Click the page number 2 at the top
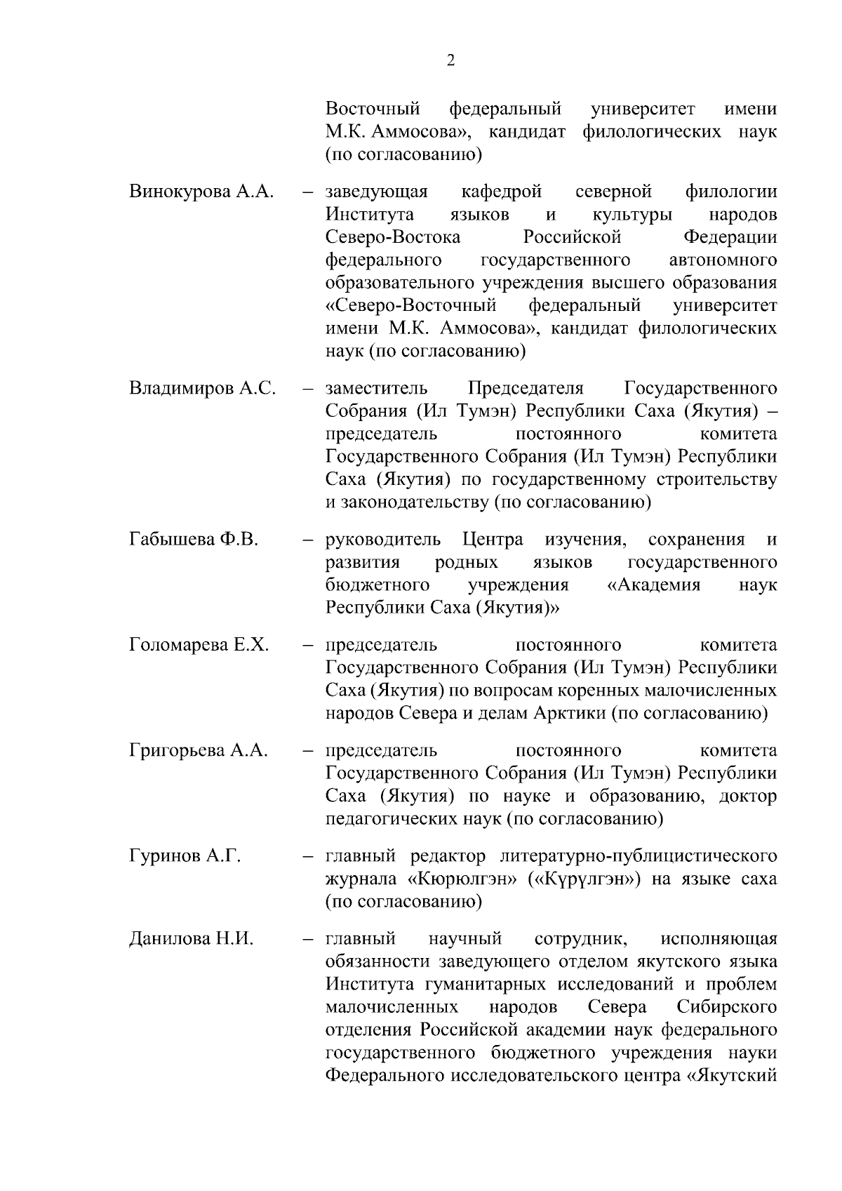click(x=450, y=61)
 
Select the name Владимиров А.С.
click(x=202, y=389)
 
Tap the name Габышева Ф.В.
click(x=194, y=540)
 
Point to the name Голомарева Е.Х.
click(x=199, y=645)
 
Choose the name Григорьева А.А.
click(x=199, y=750)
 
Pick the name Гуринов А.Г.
click(x=185, y=856)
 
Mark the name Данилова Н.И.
click(x=191, y=939)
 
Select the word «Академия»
click(x=653, y=585)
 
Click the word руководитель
click(x=384, y=540)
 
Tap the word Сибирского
click(x=727, y=1007)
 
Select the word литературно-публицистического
click(x=639, y=856)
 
